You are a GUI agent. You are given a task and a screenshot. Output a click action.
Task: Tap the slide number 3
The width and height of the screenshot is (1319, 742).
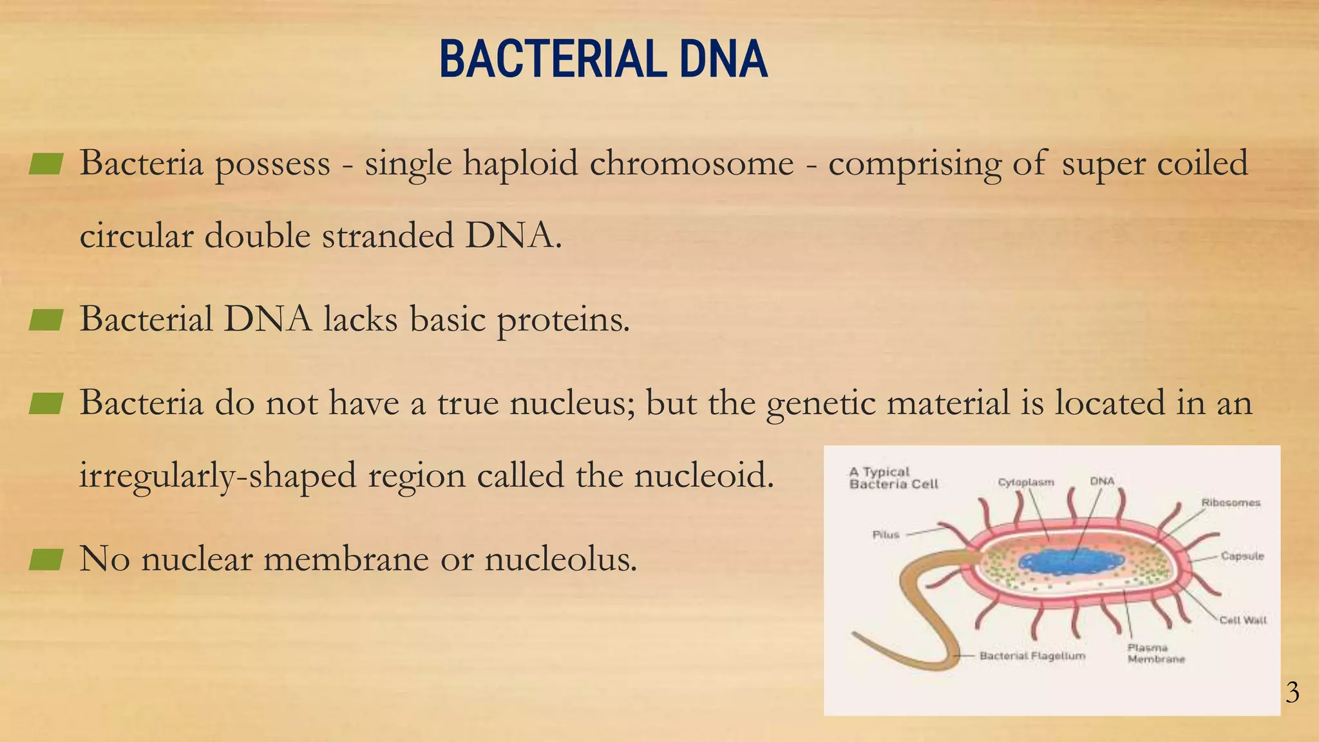click(1292, 693)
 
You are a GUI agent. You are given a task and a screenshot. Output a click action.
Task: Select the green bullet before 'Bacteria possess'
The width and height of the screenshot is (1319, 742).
click(46, 164)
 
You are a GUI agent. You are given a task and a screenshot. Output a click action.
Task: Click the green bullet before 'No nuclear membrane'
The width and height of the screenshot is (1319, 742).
click(46, 559)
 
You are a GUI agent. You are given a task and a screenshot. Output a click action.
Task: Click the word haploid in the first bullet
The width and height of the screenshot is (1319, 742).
click(520, 164)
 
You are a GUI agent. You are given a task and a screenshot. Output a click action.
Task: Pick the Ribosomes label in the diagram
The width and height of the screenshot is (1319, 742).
click(1230, 502)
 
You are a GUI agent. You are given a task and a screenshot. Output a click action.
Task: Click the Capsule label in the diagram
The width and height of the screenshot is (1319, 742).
click(1242, 556)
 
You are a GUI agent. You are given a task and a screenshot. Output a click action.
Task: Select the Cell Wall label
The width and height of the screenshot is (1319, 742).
click(1242, 620)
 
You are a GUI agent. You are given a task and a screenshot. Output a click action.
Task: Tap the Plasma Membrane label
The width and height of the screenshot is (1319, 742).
click(1155, 653)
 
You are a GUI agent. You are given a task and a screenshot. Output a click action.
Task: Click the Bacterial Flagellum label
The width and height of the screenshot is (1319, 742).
click(1032, 656)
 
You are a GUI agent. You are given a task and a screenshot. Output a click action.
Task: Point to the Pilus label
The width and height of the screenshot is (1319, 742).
click(886, 535)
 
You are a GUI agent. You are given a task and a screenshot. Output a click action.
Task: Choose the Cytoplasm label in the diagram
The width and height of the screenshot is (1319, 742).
click(1026, 482)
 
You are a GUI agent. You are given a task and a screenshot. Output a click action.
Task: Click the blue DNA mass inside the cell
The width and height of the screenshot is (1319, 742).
click(1072, 560)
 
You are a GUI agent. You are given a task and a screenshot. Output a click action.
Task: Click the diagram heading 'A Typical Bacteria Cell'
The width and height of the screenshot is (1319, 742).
click(893, 478)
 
